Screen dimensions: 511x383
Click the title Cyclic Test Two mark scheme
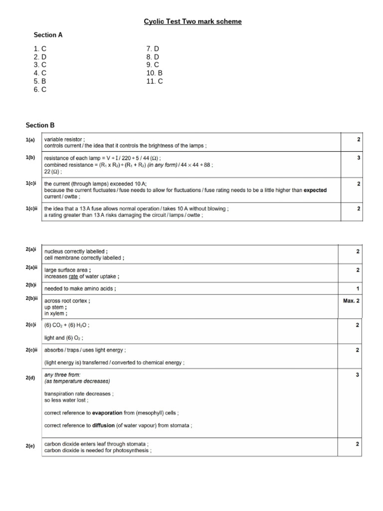tap(192, 21)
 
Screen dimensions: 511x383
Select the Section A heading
tap(48, 35)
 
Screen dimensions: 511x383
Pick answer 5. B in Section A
tap(40, 81)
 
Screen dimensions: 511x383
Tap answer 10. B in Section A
tap(155, 73)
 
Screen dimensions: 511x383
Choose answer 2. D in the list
tap(40, 57)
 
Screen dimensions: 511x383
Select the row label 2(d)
tap(30, 379)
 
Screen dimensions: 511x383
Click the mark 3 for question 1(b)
tap(359, 158)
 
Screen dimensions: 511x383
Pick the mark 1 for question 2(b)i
tap(359, 289)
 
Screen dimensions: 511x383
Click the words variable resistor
tap(64, 139)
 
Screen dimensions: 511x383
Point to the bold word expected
tap(315, 190)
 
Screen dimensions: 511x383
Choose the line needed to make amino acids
tap(79, 289)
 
